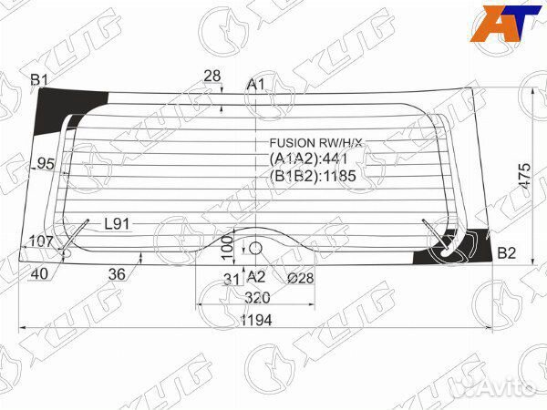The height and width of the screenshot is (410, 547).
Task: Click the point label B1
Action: [38, 81]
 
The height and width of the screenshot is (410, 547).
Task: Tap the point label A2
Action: [256, 276]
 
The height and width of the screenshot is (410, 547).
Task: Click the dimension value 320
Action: [258, 297]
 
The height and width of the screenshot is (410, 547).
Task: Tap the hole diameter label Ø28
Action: [300, 278]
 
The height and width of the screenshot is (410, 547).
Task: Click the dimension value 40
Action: [38, 272]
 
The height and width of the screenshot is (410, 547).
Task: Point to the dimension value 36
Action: [117, 272]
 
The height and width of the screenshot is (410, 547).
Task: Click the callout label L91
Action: [117, 223]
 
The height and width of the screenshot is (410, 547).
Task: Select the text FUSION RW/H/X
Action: [315, 143]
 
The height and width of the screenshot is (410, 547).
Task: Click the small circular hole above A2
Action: [256, 248]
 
